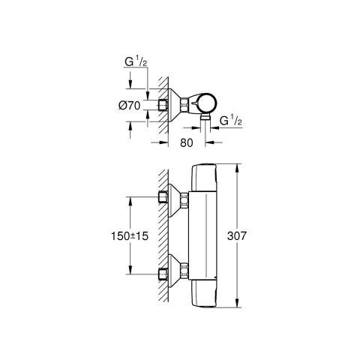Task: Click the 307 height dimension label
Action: pyautogui.click(x=237, y=235)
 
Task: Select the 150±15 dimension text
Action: pyautogui.click(x=130, y=236)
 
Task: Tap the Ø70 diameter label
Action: pyautogui.click(x=130, y=106)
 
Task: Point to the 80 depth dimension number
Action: pyautogui.click(x=187, y=142)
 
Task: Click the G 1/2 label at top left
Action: pyautogui.click(x=136, y=62)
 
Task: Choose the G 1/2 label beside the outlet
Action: pyautogui.click(x=231, y=121)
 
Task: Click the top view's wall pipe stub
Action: pyautogui.click(x=163, y=105)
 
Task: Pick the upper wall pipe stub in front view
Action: pyautogui.click(x=163, y=197)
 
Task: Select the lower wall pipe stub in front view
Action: pyautogui.click(x=163, y=274)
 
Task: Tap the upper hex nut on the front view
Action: pyautogui.click(x=184, y=200)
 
